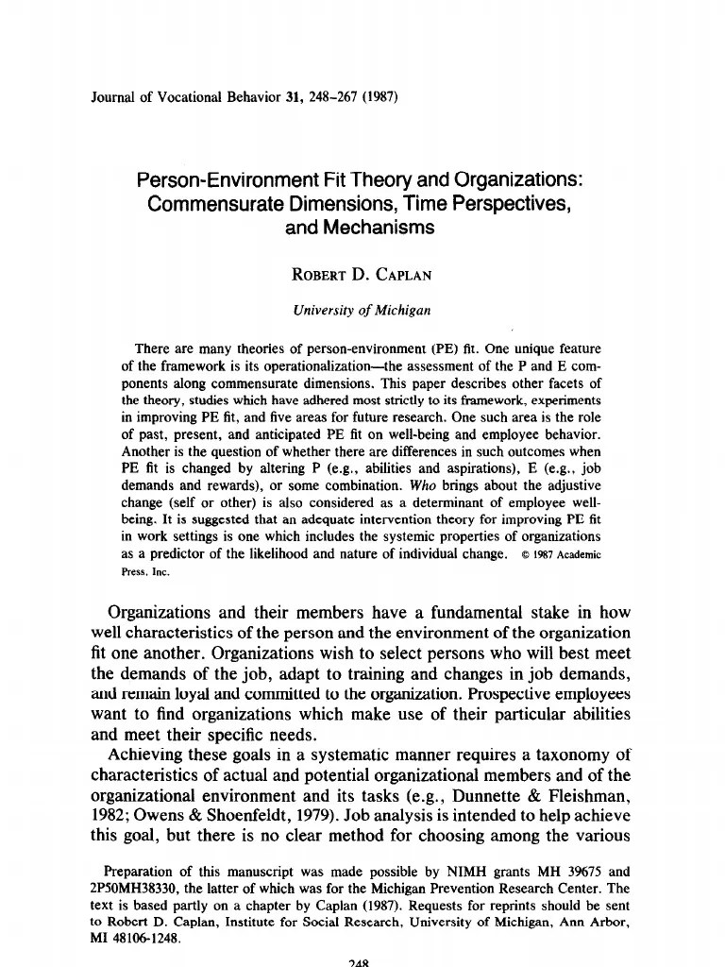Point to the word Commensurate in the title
click(x=213, y=203)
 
